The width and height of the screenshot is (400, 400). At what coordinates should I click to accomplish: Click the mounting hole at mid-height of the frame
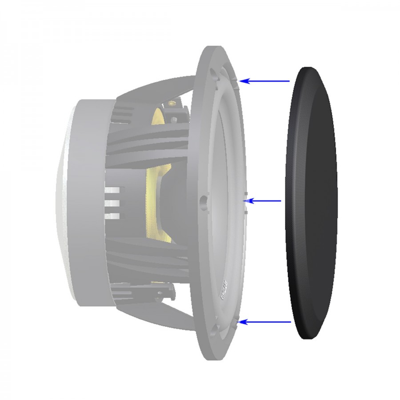204,201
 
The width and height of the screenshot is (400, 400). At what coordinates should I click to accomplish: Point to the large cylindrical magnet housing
89,202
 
